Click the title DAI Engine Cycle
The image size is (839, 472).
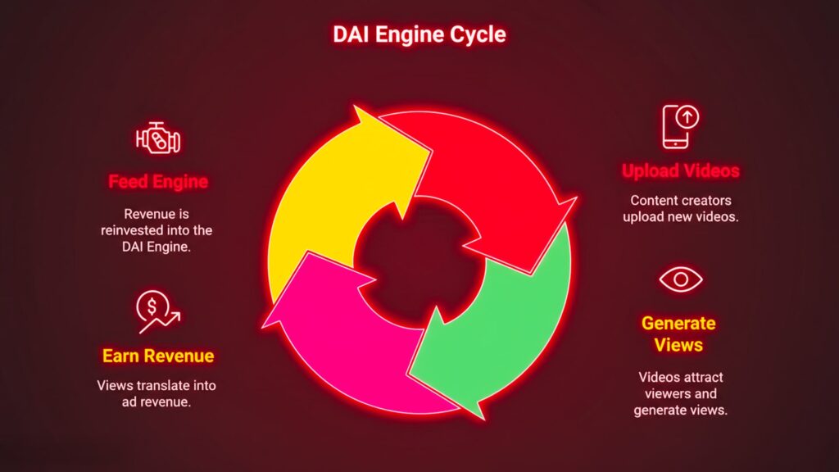pos(419,34)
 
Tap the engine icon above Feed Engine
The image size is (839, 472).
pos(157,138)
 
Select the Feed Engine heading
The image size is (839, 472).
pos(157,181)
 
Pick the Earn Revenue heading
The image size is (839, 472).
pos(157,356)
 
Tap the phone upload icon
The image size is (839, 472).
pos(680,127)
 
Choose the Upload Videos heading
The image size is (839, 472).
pos(680,171)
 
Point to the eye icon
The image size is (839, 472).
pos(680,279)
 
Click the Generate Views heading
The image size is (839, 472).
pos(678,334)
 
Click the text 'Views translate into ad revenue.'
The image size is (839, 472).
pos(156,393)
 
